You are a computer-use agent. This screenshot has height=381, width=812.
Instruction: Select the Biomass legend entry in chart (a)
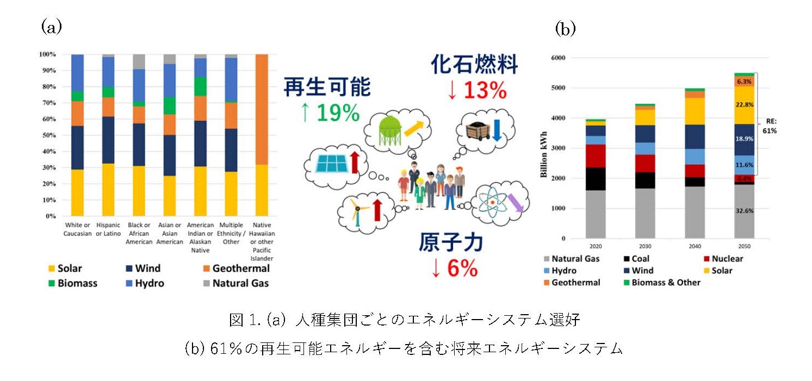(x=73, y=283)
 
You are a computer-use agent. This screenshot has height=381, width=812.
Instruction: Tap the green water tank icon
(x=390, y=129)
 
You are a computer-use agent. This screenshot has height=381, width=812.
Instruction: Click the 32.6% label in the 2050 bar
(x=745, y=211)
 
